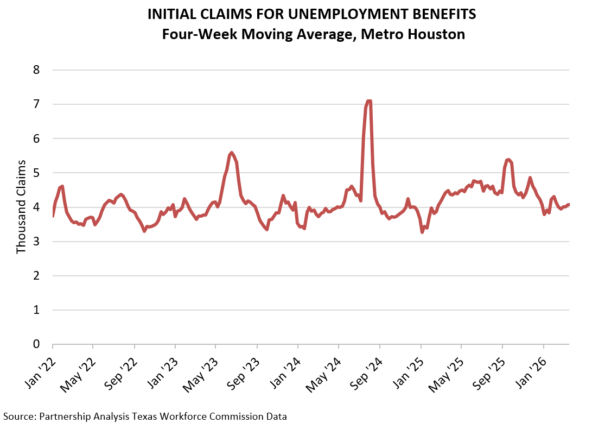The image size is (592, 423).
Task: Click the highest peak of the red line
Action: pyautogui.click(x=368, y=101)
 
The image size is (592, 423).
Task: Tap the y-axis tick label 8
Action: pyautogui.click(x=37, y=70)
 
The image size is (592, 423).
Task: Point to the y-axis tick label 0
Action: pyautogui.click(x=37, y=344)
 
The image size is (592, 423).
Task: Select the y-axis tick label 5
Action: pyautogui.click(x=37, y=173)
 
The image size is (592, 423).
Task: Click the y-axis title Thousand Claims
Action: pyautogui.click(x=21, y=207)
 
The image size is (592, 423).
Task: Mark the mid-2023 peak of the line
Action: pyautogui.click(x=232, y=153)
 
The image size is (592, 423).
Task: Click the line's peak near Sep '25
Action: pyautogui.click(x=508, y=160)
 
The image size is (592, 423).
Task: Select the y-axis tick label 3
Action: pyautogui.click(x=37, y=242)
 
